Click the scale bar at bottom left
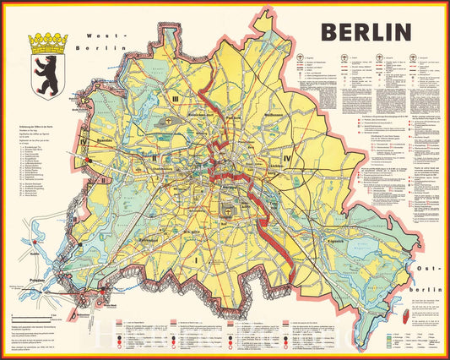34,319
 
